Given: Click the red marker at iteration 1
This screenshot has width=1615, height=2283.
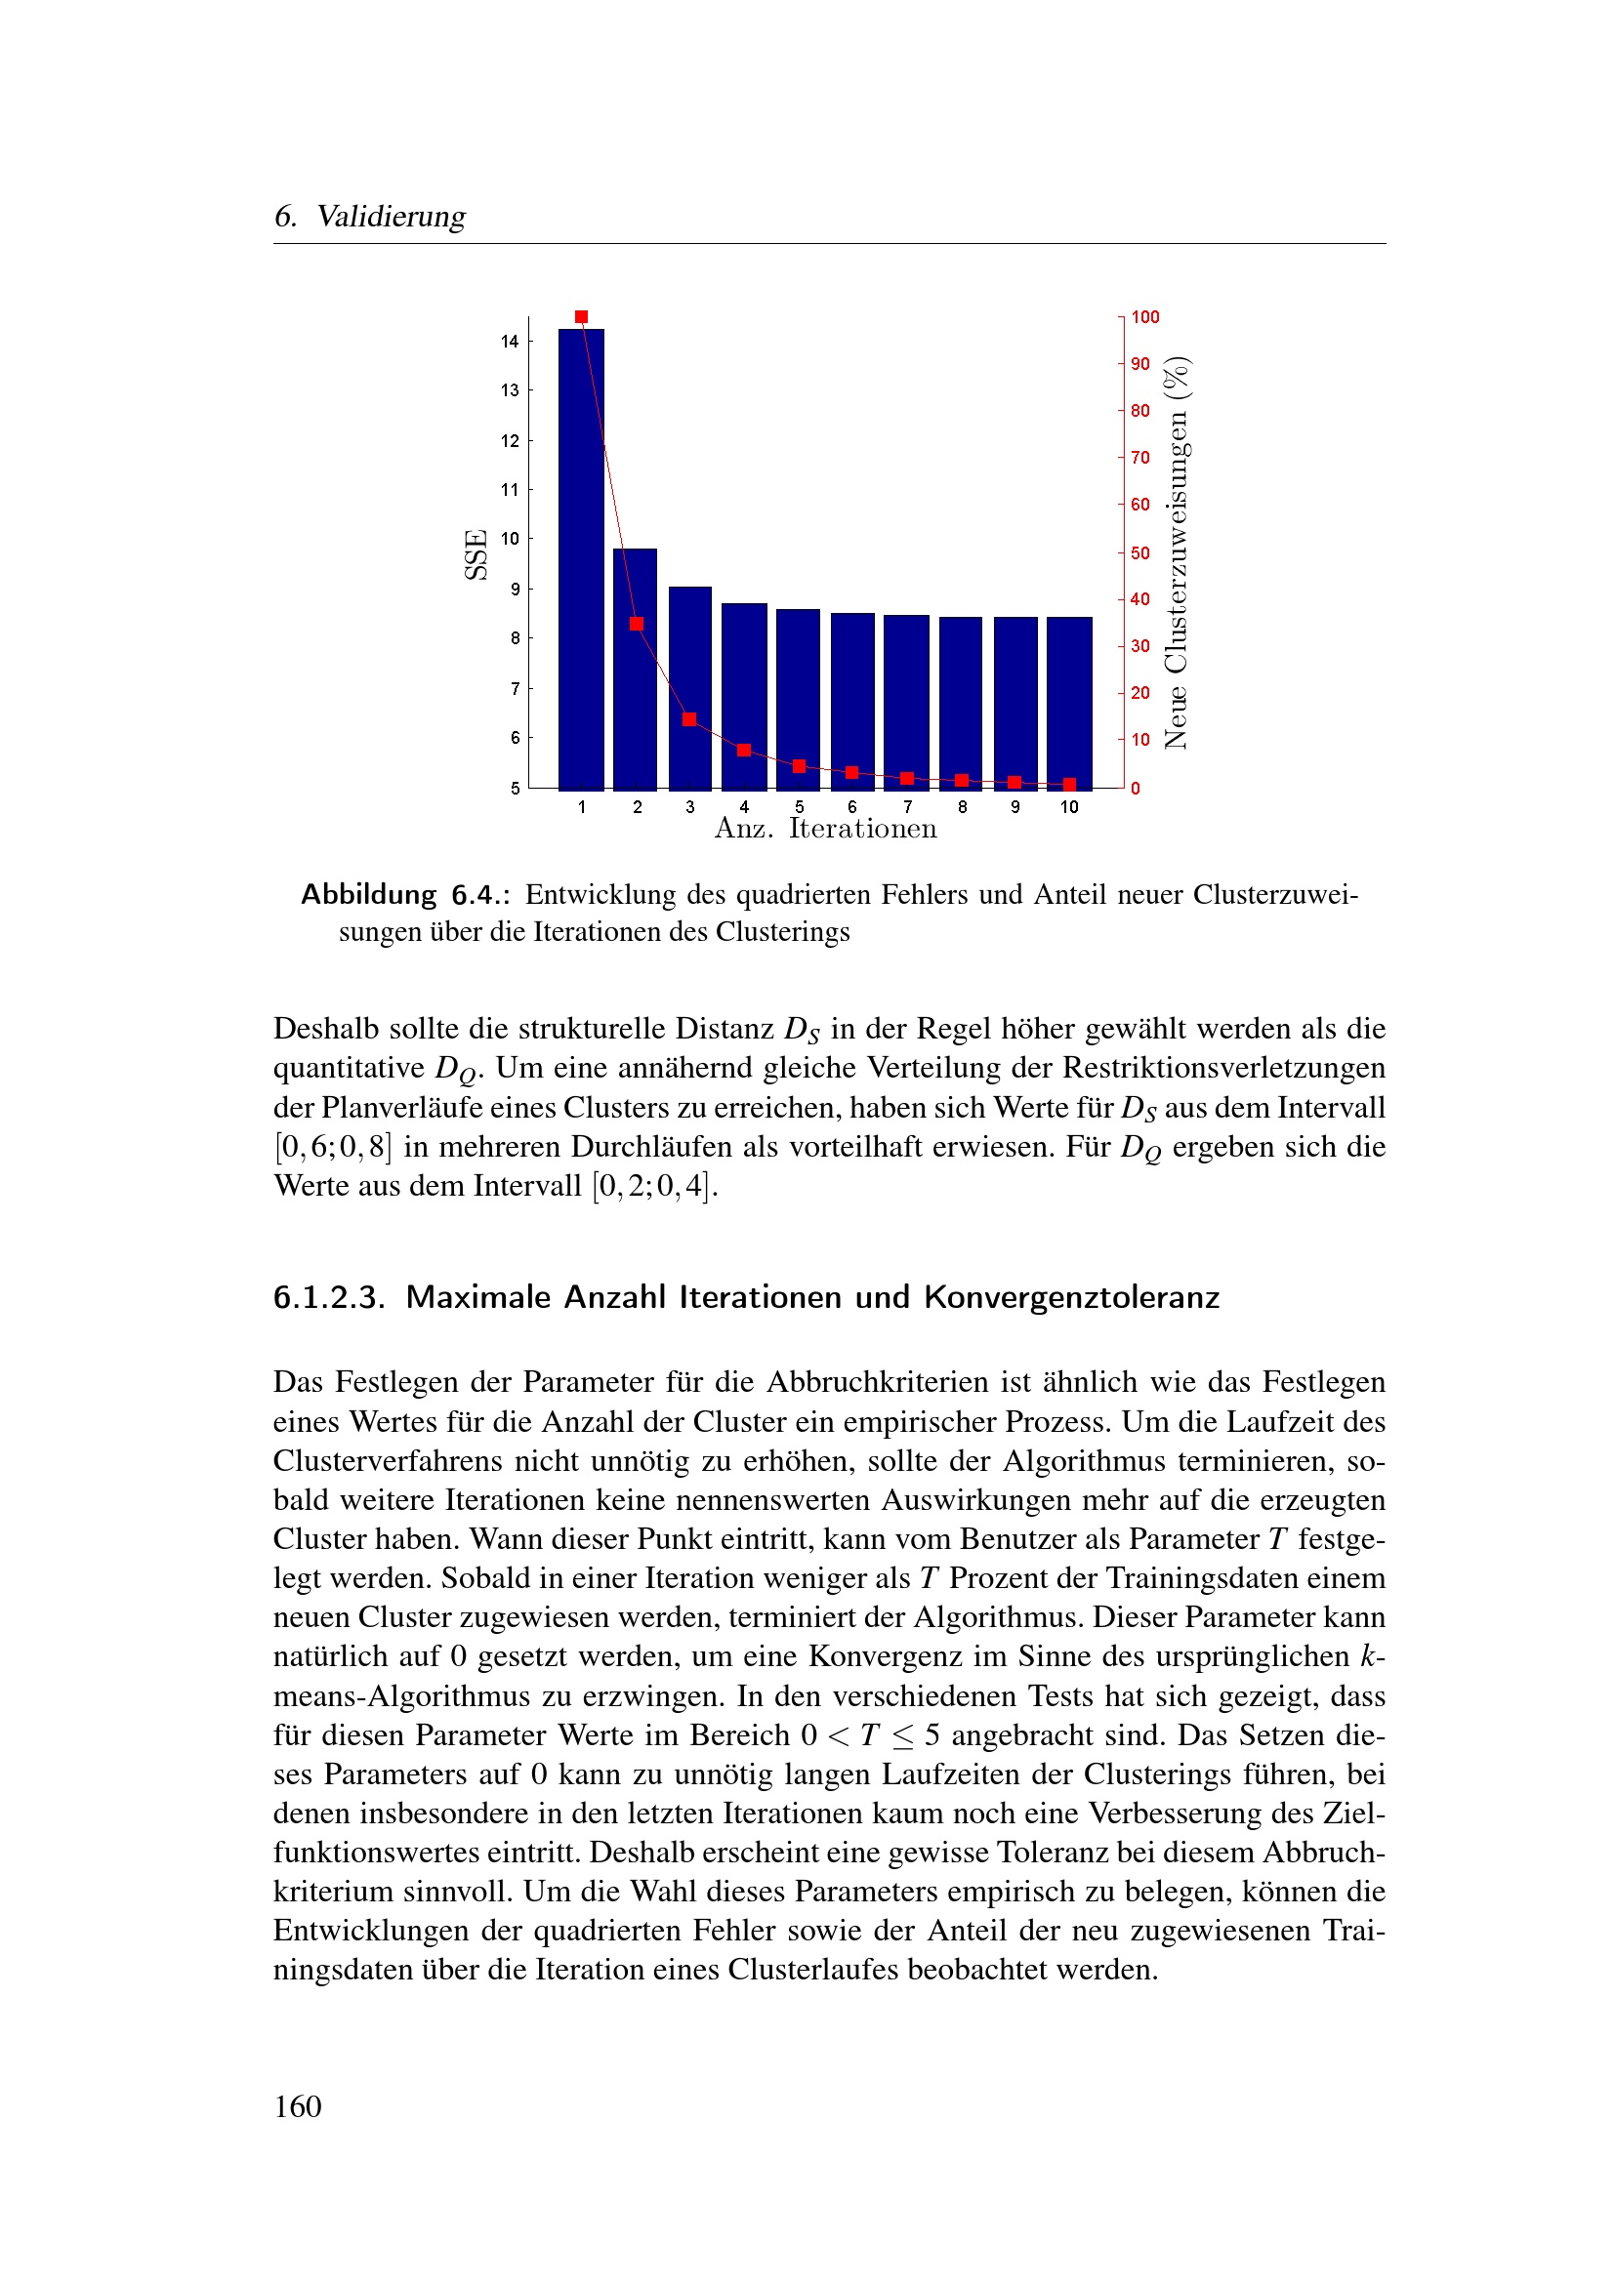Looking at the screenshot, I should point(582,317).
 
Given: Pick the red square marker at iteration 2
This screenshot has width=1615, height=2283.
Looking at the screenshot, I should point(637,625).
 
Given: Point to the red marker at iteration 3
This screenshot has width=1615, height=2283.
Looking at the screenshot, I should point(690,719).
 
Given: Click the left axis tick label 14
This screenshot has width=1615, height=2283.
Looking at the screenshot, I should point(510,342).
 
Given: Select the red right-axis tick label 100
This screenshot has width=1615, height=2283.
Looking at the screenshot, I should point(1145,317).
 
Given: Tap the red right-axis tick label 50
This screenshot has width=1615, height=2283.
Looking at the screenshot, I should point(1140,552).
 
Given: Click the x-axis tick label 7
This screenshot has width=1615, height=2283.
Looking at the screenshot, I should point(907,807).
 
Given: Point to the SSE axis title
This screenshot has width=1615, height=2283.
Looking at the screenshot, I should point(476,554).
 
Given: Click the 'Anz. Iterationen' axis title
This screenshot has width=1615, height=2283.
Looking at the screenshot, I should point(825,830).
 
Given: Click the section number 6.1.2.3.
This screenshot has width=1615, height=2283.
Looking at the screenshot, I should point(329,1297).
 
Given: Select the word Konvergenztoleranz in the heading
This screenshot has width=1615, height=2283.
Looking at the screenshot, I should point(1071,1297).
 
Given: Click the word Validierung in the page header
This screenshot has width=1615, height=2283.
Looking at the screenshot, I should point(391,217).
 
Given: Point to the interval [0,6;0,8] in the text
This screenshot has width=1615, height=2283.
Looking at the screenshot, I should point(333,1148).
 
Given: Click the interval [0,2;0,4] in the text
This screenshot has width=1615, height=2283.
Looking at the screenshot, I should point(652,1186).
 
